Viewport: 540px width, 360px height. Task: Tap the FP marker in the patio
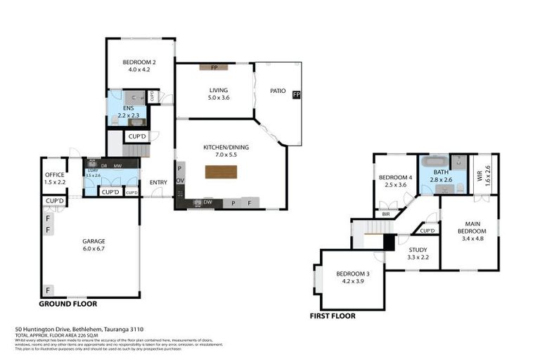click(x=296, y=95)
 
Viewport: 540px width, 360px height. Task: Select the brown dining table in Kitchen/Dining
click(x=221, y=172)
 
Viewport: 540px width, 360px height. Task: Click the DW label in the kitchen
click(x=208, y=202)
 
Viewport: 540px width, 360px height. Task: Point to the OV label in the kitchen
click(x=180, y=181)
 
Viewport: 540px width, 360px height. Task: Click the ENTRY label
click(x=158, y=184)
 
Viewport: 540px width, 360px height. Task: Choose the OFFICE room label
click(x=55, y=175)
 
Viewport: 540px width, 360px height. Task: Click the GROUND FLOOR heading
click(x=67, y=304)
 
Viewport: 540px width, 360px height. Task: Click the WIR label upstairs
click(x=480, y=174)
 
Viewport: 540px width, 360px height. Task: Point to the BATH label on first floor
click(x=441, y=172)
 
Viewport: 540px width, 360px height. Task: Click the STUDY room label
click(x=418, y=249)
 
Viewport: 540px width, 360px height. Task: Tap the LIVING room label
click(x=217, y=90)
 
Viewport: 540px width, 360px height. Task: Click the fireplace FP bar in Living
click(x=214, y=67)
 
